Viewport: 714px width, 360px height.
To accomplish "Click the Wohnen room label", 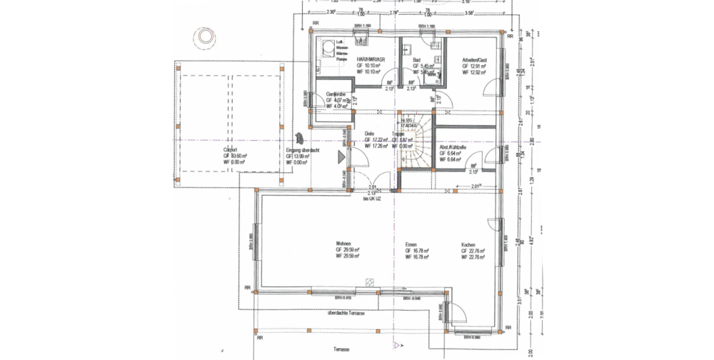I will (343, 243).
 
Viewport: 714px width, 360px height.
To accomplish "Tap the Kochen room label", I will (468, 243).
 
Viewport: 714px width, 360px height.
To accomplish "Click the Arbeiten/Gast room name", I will (473, 60).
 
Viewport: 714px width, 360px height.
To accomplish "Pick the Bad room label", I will (416, 60).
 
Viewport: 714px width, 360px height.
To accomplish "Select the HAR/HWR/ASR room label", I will (371, 60).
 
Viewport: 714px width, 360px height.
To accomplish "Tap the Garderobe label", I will (336, 94).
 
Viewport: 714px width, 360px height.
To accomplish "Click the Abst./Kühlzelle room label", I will (453, 146).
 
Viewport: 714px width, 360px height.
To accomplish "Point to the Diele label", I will (369, 134).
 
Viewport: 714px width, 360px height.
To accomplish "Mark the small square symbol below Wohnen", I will (369, 283).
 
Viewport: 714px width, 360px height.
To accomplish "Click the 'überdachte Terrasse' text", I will (346, 314).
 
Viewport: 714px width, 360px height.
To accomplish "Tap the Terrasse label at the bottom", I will (341, 349).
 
